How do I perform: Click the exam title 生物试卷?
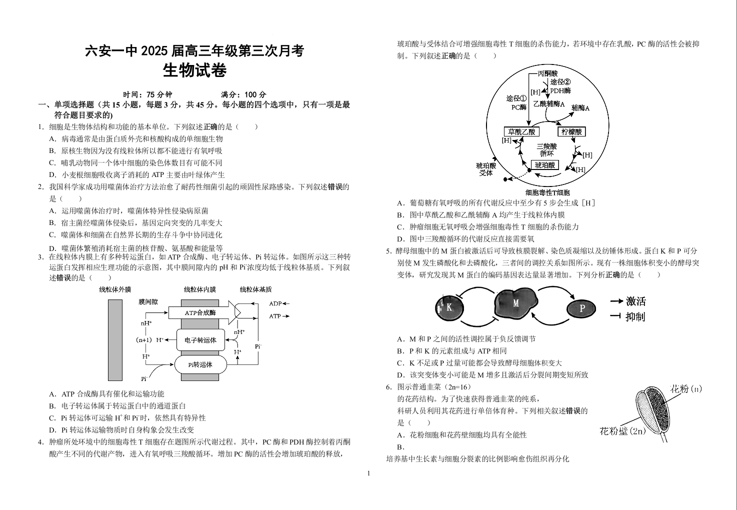click(x=194, y=71)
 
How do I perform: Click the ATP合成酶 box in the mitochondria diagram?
click(x=200, y=312)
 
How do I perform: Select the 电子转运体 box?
click(x=200, y=340)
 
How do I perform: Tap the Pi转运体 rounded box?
click(x=200, y=364)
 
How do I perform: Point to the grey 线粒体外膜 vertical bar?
click(x=115, y=340)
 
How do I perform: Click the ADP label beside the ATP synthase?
click(x=275, y=303)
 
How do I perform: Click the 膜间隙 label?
click(x=148, y=301)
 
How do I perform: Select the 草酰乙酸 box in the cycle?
click(x=521, y=132)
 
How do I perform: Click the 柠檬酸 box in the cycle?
click(x=571, y=132)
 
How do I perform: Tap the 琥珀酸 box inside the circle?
click(x=544, y=165)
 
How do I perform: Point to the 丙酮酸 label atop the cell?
click(x=547, y=73)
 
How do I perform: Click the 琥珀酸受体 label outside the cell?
click(x=486, y=169)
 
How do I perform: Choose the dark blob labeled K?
click(x=448, y=308)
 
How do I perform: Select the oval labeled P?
click(x=581, y=309)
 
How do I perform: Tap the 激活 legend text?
click(x=635, y=301)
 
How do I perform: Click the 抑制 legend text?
click(x=635, y=316)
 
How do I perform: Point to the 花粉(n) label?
click(x=686, y=389)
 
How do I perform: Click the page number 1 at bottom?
click(x=368, y=473)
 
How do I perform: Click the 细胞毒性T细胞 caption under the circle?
click(x=547, y=192)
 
